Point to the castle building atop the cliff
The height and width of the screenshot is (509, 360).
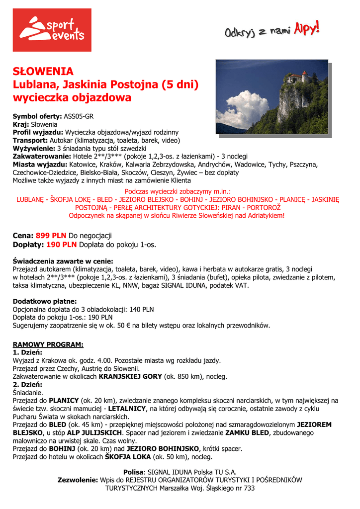click(x=297, y=78)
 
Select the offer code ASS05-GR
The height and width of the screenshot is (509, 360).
click(x=79, y=117)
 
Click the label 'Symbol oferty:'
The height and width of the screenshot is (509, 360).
click(x=38, y=117)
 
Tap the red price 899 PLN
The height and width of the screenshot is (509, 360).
click(x=51, y=235)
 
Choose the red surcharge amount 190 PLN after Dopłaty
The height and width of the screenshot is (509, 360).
click(x=61, y=245)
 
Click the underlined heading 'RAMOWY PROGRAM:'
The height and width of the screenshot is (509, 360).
click(x=48, y=344)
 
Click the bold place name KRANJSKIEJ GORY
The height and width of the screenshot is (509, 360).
click(x=130, y=376)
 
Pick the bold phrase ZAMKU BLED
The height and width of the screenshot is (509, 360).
click(x=240, y=433)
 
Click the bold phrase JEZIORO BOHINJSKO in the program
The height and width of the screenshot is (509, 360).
click(x=165, y=449)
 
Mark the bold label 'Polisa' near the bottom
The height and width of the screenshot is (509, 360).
click(x=133, y=472)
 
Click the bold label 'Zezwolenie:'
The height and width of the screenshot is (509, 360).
click(x=78, y=480)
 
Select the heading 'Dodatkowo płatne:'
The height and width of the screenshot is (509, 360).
click(x=45, y=301)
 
